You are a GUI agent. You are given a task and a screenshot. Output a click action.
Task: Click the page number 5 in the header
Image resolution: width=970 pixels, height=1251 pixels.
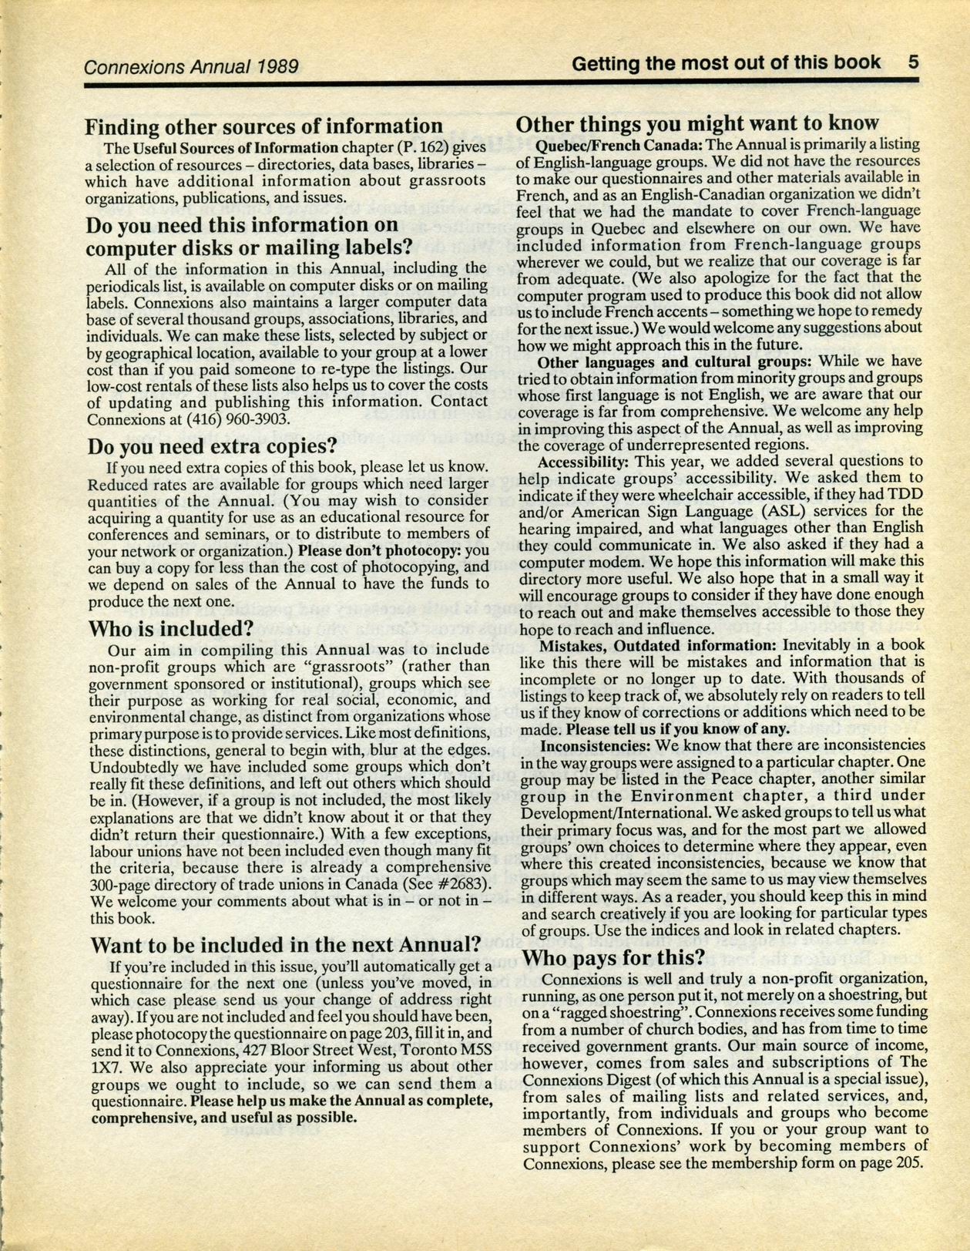[x=913, y=62]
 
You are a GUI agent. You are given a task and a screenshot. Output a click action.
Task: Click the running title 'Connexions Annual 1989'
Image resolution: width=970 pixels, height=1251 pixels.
[x=190, y=66]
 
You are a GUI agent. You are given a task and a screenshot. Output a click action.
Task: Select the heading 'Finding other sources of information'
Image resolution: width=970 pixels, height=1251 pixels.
[x=263, y=126]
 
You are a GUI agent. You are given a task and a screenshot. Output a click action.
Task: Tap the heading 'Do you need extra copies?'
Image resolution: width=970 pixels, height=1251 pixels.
[x=212, y=446]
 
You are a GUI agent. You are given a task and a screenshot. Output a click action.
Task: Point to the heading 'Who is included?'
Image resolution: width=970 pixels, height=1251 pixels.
[x=171, y=628]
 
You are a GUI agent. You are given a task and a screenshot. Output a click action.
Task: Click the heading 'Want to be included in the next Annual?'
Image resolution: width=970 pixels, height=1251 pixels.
[x=286, y=944]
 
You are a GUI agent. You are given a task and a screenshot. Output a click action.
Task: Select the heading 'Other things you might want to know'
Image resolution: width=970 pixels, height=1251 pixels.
[x=696, y=123]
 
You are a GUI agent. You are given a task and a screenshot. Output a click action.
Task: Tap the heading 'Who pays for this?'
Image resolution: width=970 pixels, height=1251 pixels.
[x=613, y=958]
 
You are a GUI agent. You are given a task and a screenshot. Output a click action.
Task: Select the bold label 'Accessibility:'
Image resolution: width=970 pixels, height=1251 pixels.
[x=584, y=462]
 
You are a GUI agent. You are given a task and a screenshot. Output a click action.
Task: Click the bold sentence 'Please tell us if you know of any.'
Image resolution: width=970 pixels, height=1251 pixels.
[x=678, y=728]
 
